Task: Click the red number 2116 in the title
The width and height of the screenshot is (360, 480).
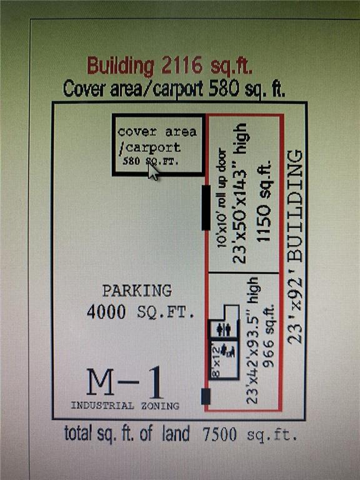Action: point(182,65)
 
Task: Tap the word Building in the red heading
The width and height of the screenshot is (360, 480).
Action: point(120,66)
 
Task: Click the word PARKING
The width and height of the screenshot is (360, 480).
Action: point(137,291)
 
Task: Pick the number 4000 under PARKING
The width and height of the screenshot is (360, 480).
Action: point(106,312)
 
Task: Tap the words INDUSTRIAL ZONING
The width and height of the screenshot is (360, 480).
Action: point(125,406)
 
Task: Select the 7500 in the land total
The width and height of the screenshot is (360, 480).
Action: point(219,434)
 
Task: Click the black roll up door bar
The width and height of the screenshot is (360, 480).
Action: point(206,207)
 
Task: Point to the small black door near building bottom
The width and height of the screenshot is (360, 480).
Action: point(206,396)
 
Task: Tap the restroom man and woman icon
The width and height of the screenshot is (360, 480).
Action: point(224,329)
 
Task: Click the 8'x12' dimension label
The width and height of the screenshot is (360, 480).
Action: point(216,361)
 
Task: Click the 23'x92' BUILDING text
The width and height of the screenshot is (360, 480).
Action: point(296,247)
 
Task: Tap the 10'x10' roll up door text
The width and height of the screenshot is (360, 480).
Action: point(222,198)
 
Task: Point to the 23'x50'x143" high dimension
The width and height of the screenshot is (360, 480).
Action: point(239,193)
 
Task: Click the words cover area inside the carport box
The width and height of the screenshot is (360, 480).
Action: point(157,132)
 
